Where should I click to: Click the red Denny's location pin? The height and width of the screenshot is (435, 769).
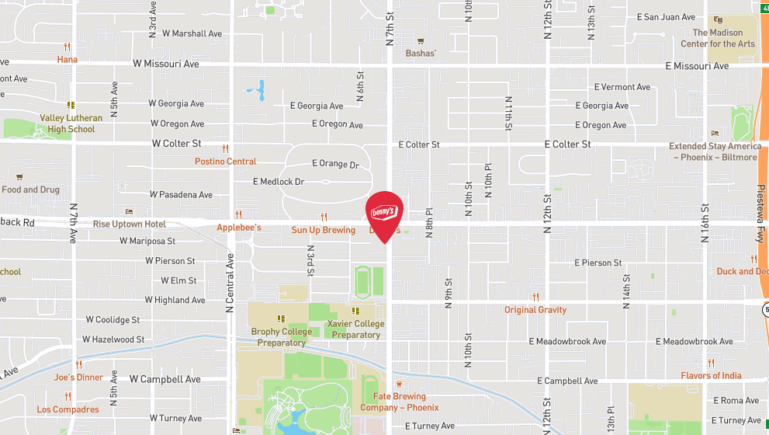click(x=384, y=212)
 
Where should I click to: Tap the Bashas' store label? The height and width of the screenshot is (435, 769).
click(x=421, y=54)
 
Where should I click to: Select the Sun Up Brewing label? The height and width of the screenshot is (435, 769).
click(x=323, y=230)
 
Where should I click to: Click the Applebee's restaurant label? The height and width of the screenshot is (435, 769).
click(x=238, y=228)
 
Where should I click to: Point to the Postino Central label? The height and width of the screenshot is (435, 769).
click(x=225, y=162)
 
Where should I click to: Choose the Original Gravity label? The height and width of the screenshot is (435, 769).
click(x=535, y=310)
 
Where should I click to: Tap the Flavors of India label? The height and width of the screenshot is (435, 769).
click(x=711, y=376)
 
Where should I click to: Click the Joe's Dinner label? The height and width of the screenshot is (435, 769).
click(x=78, y=378)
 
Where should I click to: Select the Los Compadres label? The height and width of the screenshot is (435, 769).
click(x=68, y=409)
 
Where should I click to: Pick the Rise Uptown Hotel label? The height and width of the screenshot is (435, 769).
click(x=129, y=224)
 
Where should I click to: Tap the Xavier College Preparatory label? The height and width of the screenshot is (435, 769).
click(x=355, y=329)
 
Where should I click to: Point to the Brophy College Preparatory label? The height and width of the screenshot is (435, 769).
click(x=282, y=337)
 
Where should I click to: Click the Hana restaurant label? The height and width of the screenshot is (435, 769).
click(x=68, y=60)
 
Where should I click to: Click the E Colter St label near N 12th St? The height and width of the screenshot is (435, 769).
click(x=567, y=144)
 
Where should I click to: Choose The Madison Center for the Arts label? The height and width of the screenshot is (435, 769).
click(x=718, y=38)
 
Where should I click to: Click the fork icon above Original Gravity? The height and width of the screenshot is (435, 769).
click(x=535, y=298)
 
